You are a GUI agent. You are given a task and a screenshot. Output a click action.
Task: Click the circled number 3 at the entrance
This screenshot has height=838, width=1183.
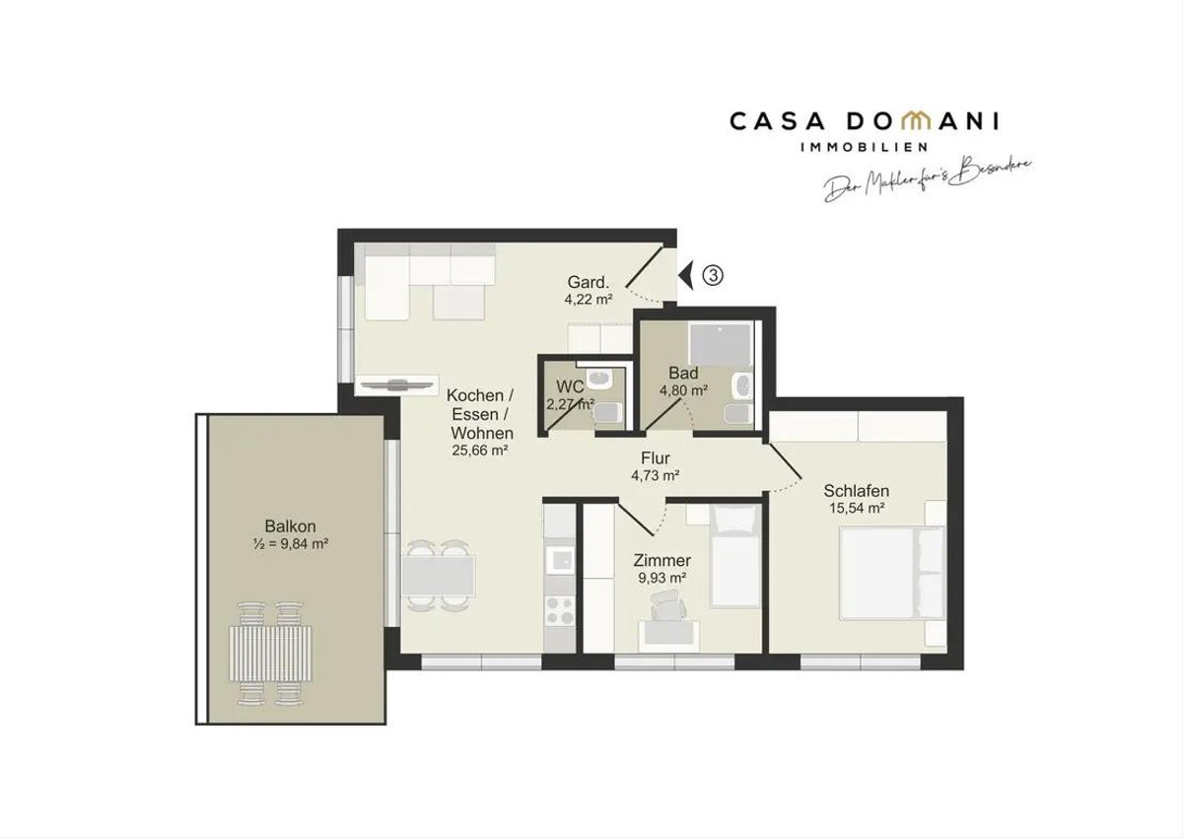pos(713,275)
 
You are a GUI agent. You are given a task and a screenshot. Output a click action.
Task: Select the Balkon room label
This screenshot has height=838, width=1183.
pos(290,525)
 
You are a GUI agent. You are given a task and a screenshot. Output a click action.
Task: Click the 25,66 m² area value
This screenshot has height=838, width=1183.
pos(479,451)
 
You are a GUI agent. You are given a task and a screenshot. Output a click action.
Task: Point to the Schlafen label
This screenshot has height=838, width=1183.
pos(856,491)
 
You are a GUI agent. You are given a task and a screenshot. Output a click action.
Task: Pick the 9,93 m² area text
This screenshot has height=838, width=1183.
pos(661,578)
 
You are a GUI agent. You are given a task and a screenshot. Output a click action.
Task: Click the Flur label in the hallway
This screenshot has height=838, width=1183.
pos(656,457)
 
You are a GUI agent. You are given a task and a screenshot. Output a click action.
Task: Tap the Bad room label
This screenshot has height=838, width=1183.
pos(683,373)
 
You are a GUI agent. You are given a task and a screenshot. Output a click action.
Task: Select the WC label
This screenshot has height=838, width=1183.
pos(570,386)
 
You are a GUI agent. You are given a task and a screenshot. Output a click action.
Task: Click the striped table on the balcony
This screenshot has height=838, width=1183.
pos(270,654)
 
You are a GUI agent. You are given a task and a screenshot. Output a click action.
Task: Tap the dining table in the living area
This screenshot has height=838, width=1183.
pos(438,576)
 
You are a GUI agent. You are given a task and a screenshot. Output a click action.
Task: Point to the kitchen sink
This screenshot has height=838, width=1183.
pos(559,560)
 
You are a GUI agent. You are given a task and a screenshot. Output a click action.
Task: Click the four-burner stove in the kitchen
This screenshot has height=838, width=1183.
pos(559,610)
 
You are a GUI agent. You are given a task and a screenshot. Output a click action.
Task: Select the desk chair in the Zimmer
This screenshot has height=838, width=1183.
pos(668,605)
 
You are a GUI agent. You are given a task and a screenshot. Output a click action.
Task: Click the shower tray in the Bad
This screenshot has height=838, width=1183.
pos(720,344)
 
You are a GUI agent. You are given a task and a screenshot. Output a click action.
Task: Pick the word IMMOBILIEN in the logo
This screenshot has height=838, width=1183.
pos(864,147)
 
